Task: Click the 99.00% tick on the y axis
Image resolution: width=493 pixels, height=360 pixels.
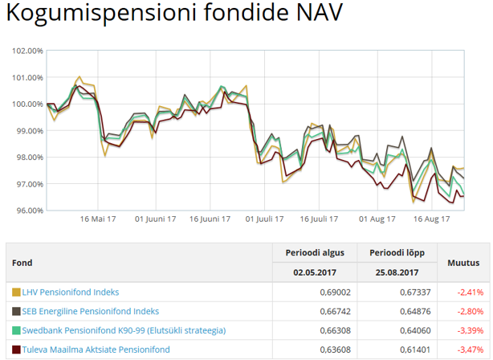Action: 28,130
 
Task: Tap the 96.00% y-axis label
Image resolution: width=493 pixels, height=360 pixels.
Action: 28,211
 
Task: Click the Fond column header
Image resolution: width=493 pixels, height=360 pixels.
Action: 22,263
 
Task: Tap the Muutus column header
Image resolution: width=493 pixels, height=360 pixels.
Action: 463,263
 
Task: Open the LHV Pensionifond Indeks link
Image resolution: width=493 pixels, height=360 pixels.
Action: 71,292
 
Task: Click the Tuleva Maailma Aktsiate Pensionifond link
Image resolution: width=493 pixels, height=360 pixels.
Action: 96,350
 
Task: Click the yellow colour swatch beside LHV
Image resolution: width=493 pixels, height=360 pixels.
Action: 16,292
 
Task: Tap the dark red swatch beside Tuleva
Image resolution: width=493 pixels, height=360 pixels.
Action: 16,350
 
